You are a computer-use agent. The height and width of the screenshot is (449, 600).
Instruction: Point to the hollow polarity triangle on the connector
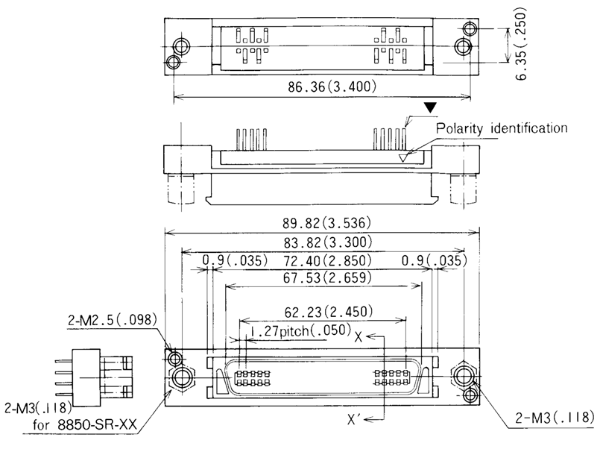405,157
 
